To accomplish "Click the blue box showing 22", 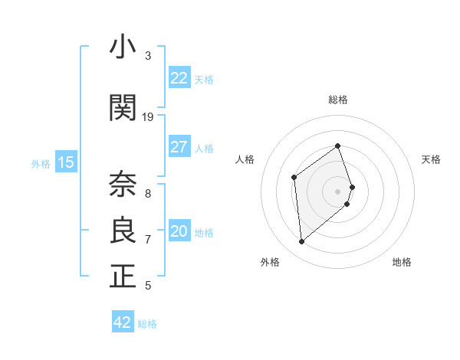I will tap(179, 78).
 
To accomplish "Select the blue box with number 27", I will tap(179, 147).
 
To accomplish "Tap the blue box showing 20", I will tap(179, 231).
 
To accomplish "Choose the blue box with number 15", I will tap(66, 162).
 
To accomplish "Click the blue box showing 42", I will tap(123, 322).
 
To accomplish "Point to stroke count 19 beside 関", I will tap(148, 117).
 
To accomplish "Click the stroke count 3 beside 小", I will tap(148, 56).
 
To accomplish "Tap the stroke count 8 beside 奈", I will tap(148, 194).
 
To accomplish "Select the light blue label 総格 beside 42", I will tap(147, 324).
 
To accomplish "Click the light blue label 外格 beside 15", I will tap(41, 163).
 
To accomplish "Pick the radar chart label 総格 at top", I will tap(338, 100).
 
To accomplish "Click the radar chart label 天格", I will tap(431, 159).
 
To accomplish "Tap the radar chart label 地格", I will tap(402, 262).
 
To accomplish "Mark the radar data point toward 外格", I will tap(302, 242).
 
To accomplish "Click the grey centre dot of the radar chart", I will tap(338, 191).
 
